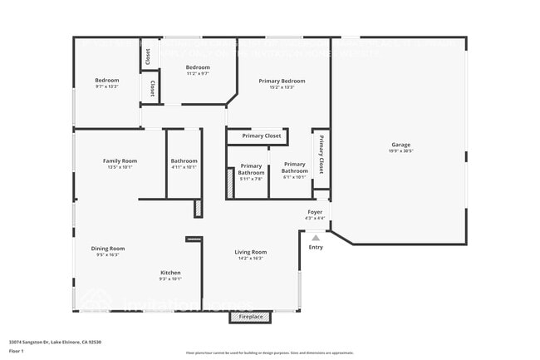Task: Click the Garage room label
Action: tap(401, 145)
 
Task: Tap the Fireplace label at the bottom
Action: tap(251, 317)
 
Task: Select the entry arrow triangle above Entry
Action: tap(315, 238)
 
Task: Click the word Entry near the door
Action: tap(316, 247)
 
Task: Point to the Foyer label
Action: tap(315, 213)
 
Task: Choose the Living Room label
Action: tap(250, 252)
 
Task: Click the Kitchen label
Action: tap(170, 273)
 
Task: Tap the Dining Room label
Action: tap(108, 248)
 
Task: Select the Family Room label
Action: tap(120, 160)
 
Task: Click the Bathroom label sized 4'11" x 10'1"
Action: tap(184, 160)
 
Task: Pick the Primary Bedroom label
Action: tap(282, 81)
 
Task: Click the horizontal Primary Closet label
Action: tap(261, 136)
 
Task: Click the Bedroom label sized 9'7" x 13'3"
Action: tap(107, 80)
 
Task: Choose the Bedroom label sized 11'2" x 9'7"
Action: tap(198, 67)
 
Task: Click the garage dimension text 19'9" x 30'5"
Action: tap(401, 151)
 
